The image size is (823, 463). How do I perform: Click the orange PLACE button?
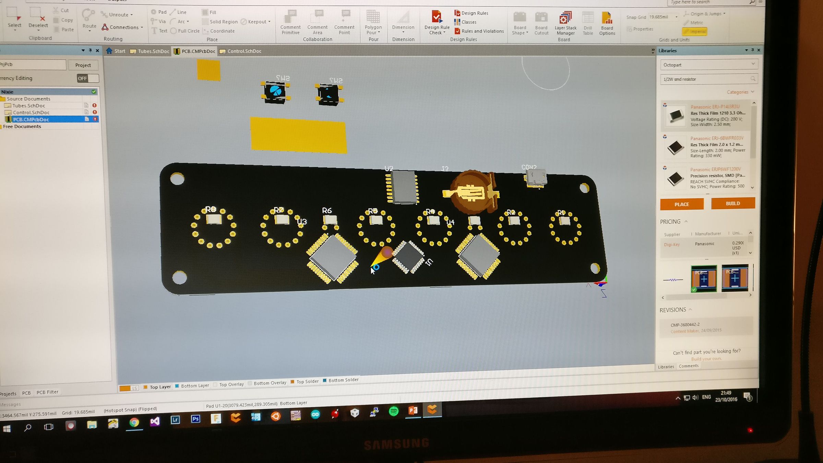pos(681,204)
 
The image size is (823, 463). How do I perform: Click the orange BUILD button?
pos(732,203)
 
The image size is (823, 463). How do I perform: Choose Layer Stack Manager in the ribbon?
pos(565,23)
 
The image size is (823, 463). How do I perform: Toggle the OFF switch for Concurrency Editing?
pos(88,79)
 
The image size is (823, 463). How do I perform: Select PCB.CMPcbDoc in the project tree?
pos(31,119)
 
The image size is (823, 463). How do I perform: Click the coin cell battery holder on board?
pos(473,192)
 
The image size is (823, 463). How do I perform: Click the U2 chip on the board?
pos(403,187)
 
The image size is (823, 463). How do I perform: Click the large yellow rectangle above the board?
pos(298,135)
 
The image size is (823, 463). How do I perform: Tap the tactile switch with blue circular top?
pos(275,92)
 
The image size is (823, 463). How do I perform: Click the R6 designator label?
pos(327,210)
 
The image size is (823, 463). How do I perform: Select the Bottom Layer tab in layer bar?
pos(194,385)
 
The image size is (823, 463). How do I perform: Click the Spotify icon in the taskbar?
pos(394,411)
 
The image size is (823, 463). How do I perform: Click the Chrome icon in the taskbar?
pos(134,422)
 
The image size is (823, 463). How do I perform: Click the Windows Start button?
pos(7,429)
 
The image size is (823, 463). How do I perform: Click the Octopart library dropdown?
pos(708,64)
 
